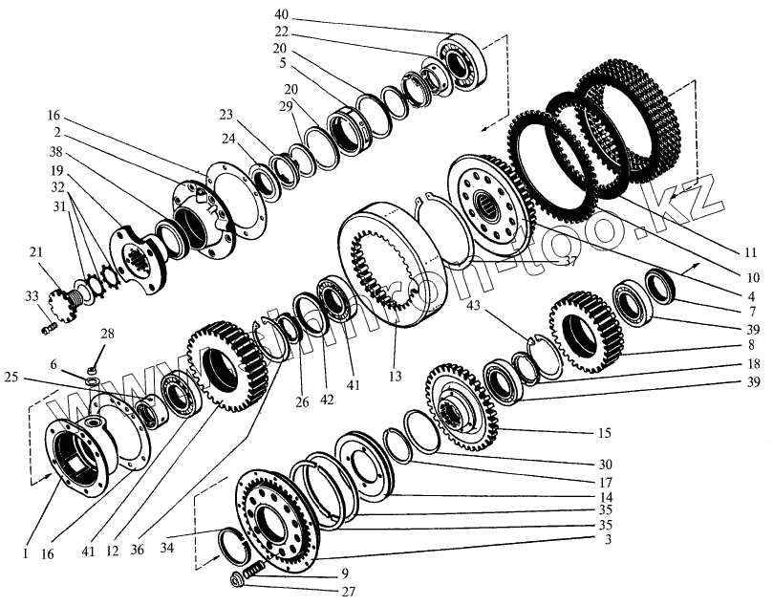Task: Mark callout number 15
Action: click(x=604, y=432)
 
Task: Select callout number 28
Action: click(x=107, y=334)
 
